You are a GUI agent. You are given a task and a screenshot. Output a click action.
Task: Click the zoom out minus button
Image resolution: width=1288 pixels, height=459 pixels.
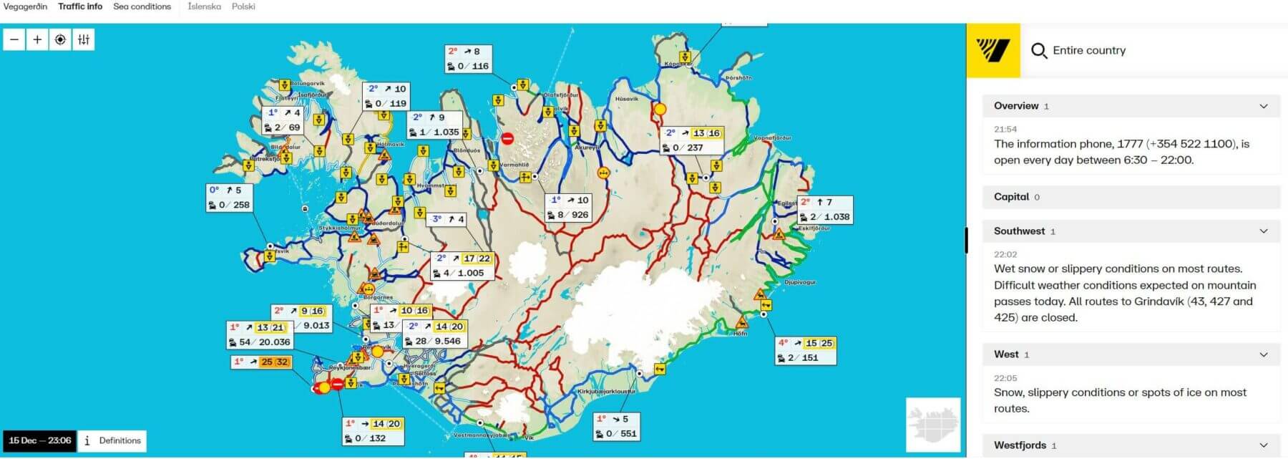pyautogui.click(x=14, y=39)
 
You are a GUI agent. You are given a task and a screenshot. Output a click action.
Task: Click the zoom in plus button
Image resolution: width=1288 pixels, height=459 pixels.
pyautogui.click(x=37, y=39)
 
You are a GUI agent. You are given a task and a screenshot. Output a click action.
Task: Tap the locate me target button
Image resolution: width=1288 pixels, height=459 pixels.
pyautogui.click(x=60, y=39)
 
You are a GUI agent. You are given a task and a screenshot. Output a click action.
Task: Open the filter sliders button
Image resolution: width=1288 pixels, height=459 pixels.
pyautogui.click(x=84, y=39)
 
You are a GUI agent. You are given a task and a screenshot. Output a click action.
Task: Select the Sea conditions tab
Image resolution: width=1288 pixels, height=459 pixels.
pyautogui.click(x=142, y=6)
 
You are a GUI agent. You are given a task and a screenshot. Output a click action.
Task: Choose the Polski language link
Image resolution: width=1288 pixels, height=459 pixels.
pyautogui.click(x=243, y=6)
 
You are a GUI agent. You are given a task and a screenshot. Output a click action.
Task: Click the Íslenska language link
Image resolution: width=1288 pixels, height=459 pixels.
pyautogui.click(x=204, y=6)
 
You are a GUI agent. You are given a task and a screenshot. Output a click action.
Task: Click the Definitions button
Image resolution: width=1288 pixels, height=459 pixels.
pyautogui.click(x=112, y=440)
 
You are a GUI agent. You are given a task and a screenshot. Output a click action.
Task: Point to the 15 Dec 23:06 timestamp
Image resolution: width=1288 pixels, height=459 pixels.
pyautogui.click(x=40, y=440)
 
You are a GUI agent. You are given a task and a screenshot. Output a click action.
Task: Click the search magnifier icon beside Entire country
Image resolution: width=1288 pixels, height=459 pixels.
pyautogui.click(x=1038, y=51)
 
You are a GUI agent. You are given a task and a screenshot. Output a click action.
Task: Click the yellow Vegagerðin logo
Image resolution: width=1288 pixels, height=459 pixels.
pyautogui.click(x=992, y=50)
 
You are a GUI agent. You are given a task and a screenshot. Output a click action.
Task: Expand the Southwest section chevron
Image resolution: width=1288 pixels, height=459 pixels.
pyautogui.click(x=1263, y=231)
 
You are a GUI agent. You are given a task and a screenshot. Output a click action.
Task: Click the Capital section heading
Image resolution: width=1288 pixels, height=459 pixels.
pyautogui.click(x=1011, y=197)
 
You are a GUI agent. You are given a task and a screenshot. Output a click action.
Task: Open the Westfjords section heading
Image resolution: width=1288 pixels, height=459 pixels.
pyautogui.click(x=1020, y=445)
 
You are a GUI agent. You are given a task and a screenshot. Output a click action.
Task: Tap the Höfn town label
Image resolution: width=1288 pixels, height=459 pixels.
pyautogui.click(x=741, y=334)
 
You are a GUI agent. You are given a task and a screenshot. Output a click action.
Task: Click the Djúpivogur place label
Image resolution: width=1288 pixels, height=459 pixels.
pyautogui.click(x=799, y=282)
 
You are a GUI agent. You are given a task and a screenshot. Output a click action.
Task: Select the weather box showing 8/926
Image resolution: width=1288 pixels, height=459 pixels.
pyautogui.click(x=568, y=208)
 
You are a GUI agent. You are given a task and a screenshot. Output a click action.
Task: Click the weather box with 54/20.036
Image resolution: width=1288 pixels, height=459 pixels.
pyautogui.click(x=260, y=335)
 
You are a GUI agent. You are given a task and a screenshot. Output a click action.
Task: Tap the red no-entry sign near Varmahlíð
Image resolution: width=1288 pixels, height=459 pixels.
pyautogui.click(x=507, y=139)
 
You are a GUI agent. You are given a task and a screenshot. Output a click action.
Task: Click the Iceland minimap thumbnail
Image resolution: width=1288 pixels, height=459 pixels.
pyautogui.click(x=932, y=425)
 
